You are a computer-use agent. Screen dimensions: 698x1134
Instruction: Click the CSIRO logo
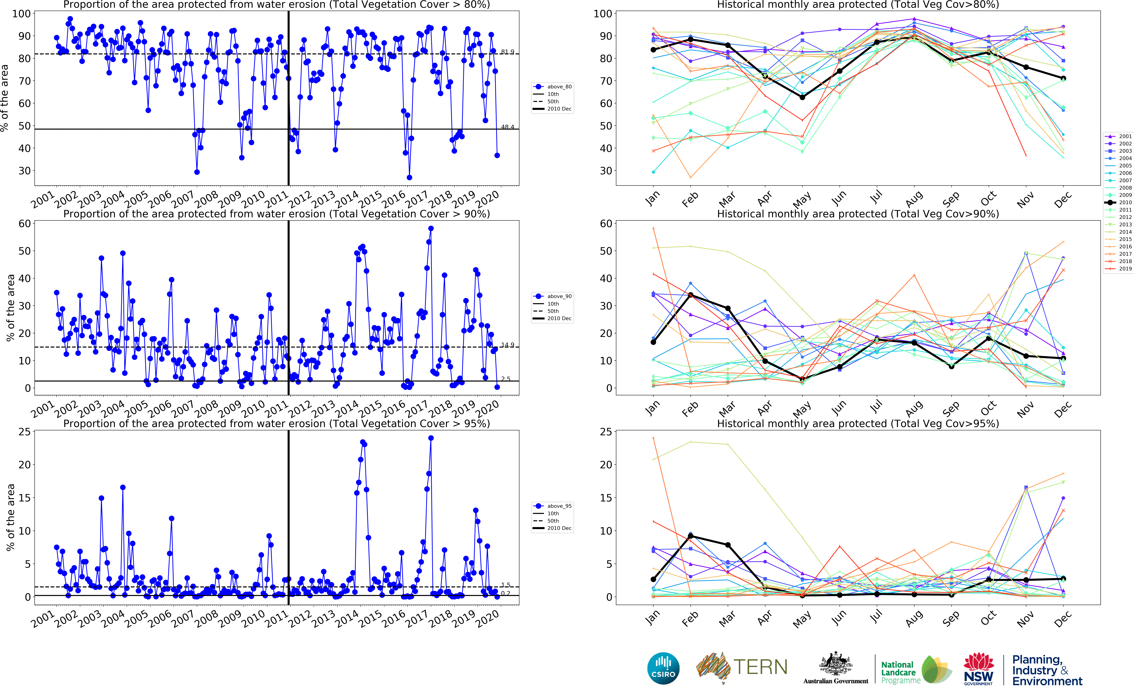click(x=663, y=669)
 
